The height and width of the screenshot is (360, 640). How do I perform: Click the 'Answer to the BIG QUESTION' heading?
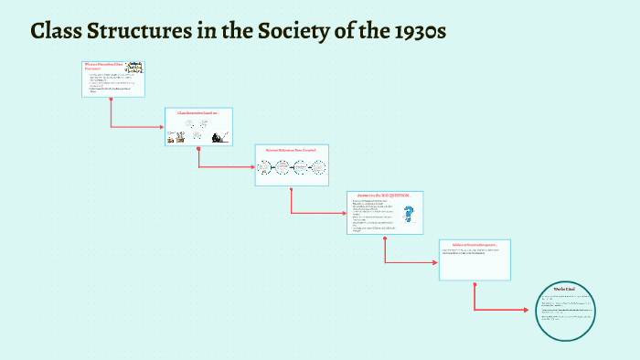pos(384,196)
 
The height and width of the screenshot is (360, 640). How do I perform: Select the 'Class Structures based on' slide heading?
pos(198,112)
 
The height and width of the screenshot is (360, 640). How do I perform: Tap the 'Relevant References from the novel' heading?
pos(291,149)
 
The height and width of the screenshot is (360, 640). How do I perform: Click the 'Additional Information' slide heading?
pos(475,245)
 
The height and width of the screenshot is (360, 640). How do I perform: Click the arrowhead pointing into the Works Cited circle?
pos(526,311)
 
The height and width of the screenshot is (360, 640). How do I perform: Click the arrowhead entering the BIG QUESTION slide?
pos(344,213)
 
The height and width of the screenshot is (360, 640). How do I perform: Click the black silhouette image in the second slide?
pos(219,136)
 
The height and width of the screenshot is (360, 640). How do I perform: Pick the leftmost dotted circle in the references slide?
pos(265,167)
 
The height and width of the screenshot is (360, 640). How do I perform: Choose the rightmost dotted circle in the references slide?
pos(318,167)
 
